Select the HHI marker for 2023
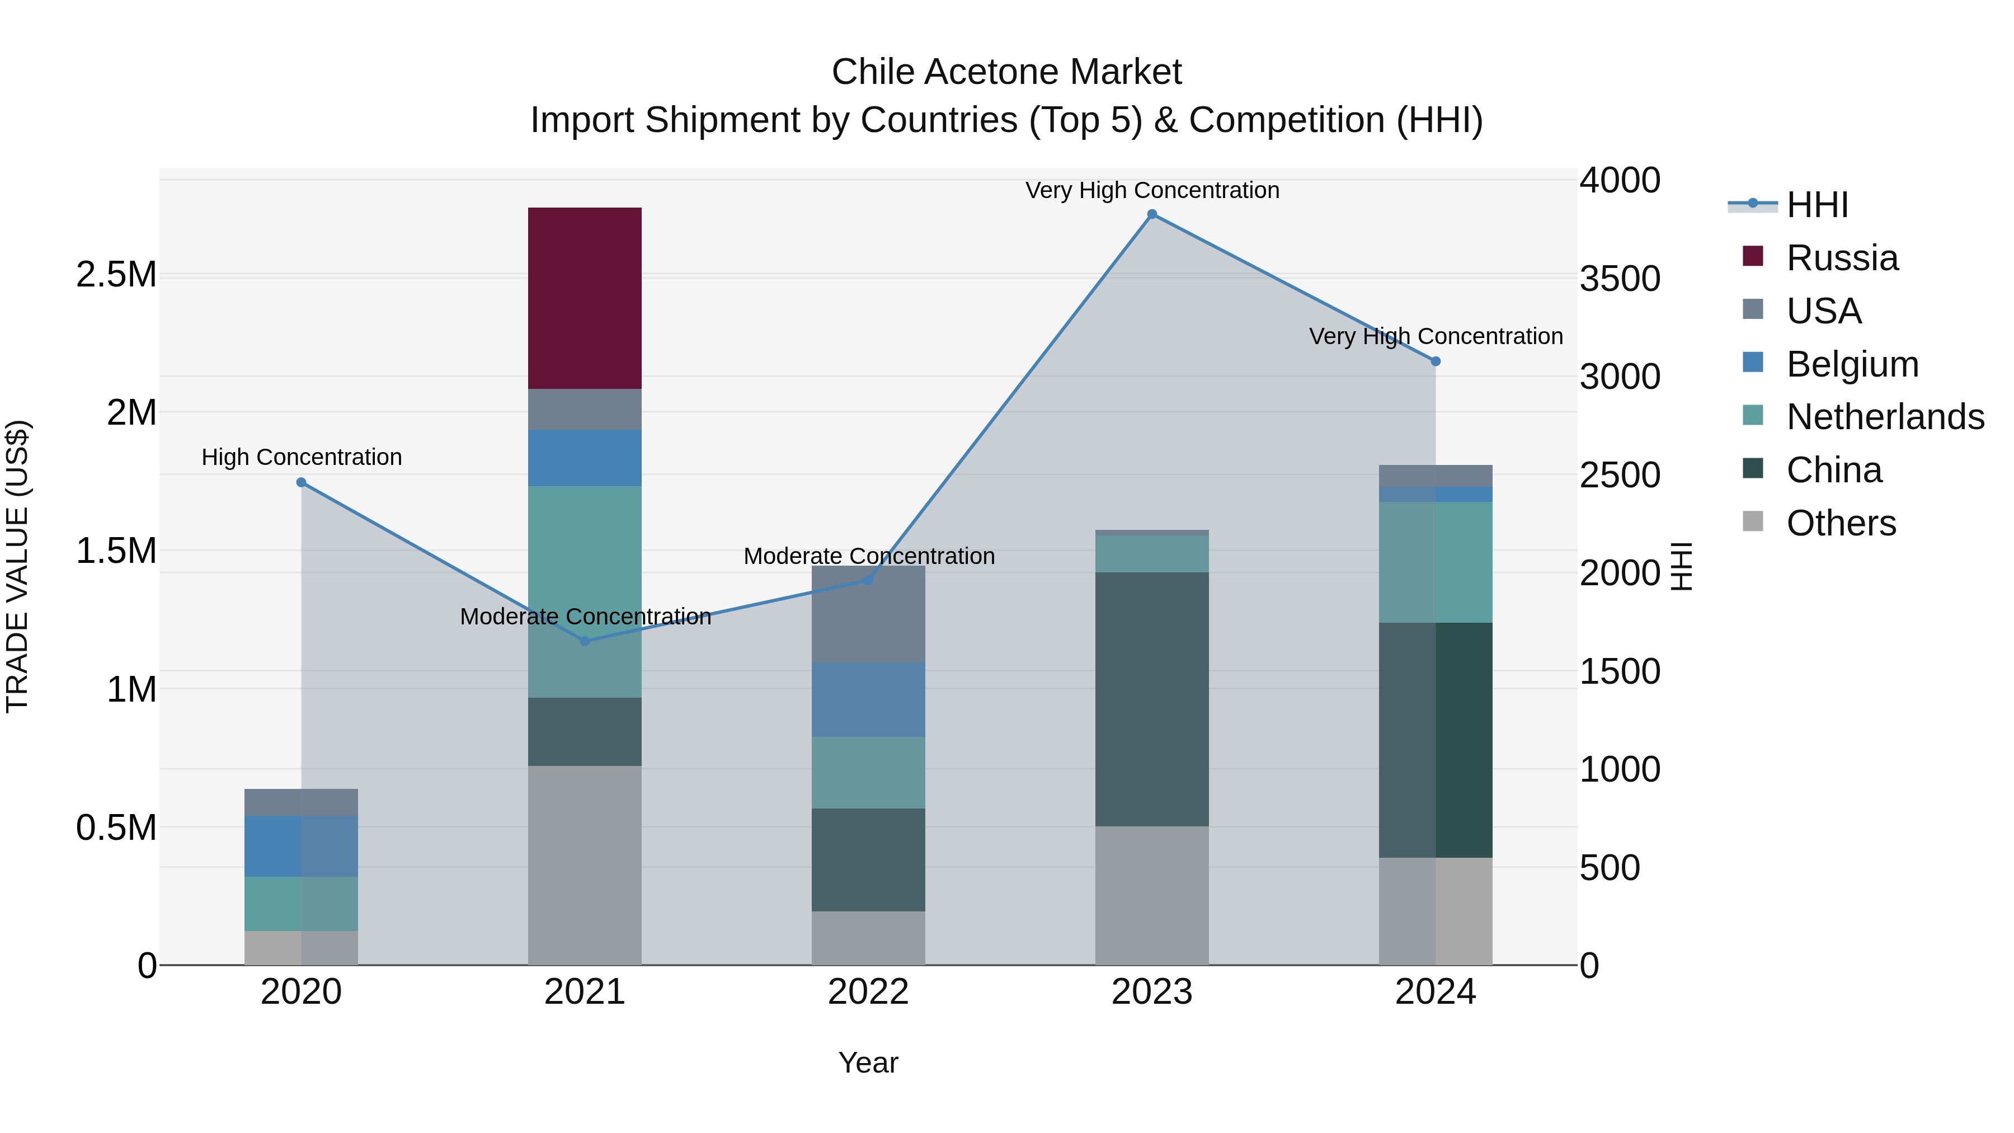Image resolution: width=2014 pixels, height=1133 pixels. pos(1152,214)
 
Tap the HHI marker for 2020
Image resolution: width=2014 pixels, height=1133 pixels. pos(301,482)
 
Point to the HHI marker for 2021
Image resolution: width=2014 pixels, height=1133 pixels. pos(585,641)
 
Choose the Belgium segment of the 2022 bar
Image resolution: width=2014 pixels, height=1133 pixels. pos(868,700)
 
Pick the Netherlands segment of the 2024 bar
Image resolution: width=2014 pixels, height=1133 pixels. pos(1436,562)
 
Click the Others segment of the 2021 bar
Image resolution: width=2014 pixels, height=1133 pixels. pos(584,865)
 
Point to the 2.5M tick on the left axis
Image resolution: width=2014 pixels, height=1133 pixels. pos(116,275)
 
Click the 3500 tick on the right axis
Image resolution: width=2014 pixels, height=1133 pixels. pos(1619,279)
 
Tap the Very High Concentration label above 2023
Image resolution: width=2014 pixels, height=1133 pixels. pos(1152,190)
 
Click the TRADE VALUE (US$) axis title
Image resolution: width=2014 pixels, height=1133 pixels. pos(18,566)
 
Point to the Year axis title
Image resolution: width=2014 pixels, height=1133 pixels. pos(868,1063)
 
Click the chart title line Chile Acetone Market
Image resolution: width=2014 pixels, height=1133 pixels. pos(1006,72)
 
